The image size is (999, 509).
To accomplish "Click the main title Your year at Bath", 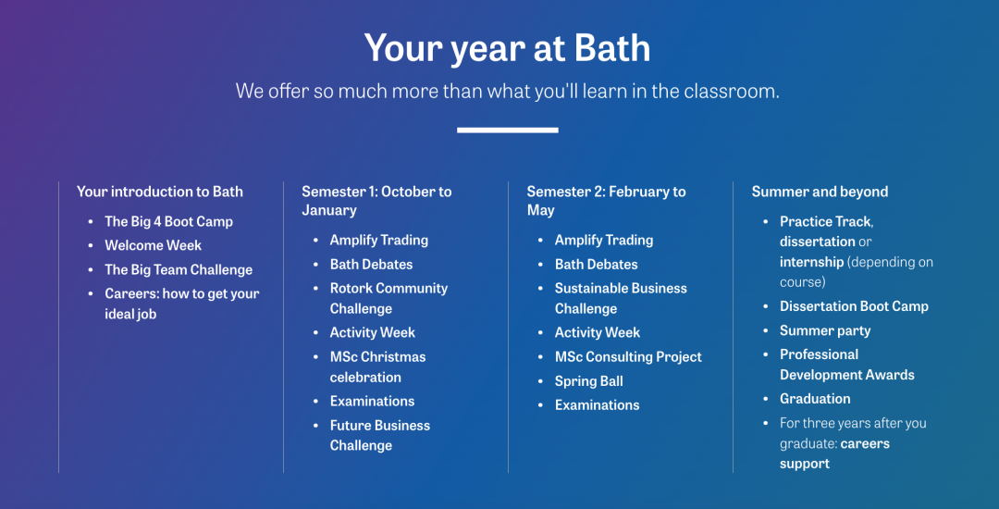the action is (x=507, y=48).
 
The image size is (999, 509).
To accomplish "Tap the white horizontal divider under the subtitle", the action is (x=508, y=130).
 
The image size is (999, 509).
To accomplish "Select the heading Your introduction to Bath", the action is (x=160, y=192).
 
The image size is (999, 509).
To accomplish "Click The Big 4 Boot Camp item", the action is (x=169, y=222).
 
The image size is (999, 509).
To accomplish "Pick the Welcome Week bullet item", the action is (x=153, y=245).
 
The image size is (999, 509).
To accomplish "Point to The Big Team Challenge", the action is (x=179, y=269).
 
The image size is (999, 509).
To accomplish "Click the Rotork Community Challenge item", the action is (x=388, y=298).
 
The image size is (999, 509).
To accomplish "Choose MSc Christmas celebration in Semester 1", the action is (x=377, y=366).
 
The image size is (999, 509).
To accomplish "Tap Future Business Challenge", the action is (x=380, y=435).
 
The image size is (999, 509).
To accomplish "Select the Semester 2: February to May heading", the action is (x=606, y=201).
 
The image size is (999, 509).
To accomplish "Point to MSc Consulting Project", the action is (x=628, y=356).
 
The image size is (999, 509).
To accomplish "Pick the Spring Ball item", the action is (x=588, y=381).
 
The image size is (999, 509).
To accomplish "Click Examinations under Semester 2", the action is (x=597, y=405).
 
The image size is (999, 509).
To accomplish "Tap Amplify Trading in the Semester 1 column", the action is (x=378, y=241).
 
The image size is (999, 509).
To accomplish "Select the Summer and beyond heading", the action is (x=820, y=192).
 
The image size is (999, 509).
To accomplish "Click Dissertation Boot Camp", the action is (x=854, y=306).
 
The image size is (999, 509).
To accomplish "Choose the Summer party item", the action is (x=825, y=330).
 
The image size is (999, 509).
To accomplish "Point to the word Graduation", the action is (x=815, y=399).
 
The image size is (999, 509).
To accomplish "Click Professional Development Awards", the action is (x=846, y=365).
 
